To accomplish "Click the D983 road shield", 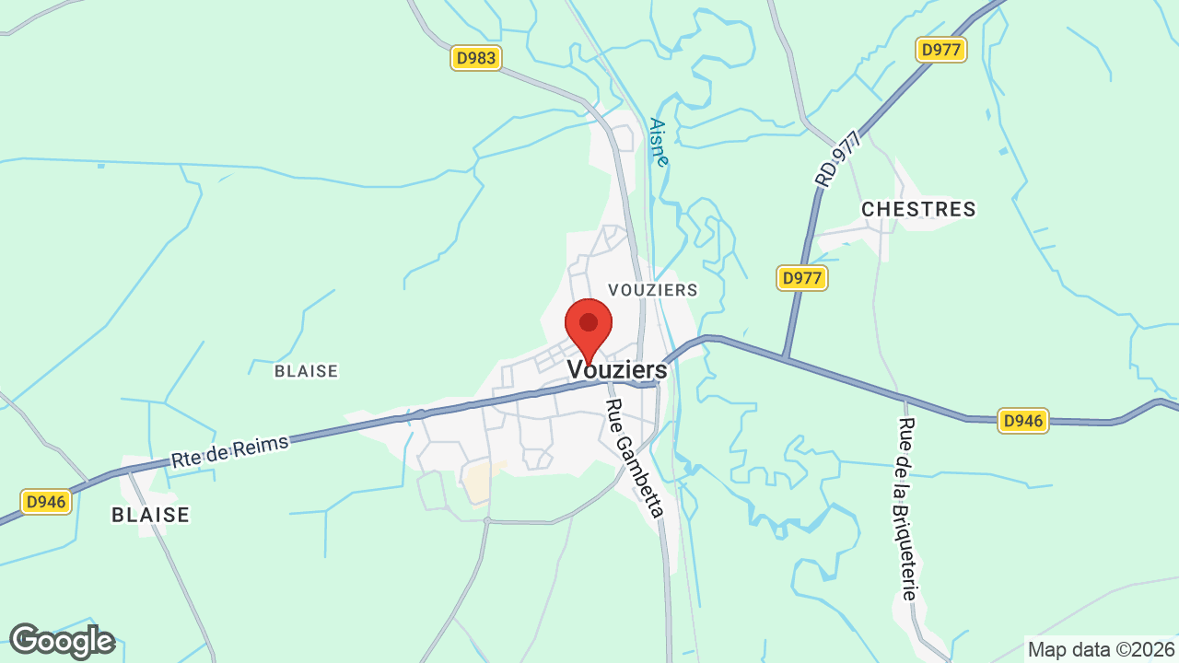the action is [x=476, y=58].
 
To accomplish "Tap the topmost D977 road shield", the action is [x=941, y=50].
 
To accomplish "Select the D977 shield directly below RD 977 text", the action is [x=802, y=278].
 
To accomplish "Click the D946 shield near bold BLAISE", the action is [x=46, y=502].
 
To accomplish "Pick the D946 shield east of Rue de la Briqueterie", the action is [x=1023, y=421].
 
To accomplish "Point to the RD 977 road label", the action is [x=837, y=159].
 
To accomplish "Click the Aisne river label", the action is [x=659, y=142].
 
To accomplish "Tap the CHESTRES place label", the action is [x=918, y=210].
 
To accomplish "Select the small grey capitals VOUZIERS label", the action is [x=653, y=290].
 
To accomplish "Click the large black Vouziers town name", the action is [x=617, y=369].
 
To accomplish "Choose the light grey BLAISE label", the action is [x=307, y=371].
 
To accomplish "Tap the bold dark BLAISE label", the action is [x=150, y=515].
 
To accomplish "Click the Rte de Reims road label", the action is [x=230, y=451].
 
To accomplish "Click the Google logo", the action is [x=62, y=641].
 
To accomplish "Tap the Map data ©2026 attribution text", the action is [x=1102, y=649].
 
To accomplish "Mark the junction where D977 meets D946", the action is [x=784, y=357].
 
